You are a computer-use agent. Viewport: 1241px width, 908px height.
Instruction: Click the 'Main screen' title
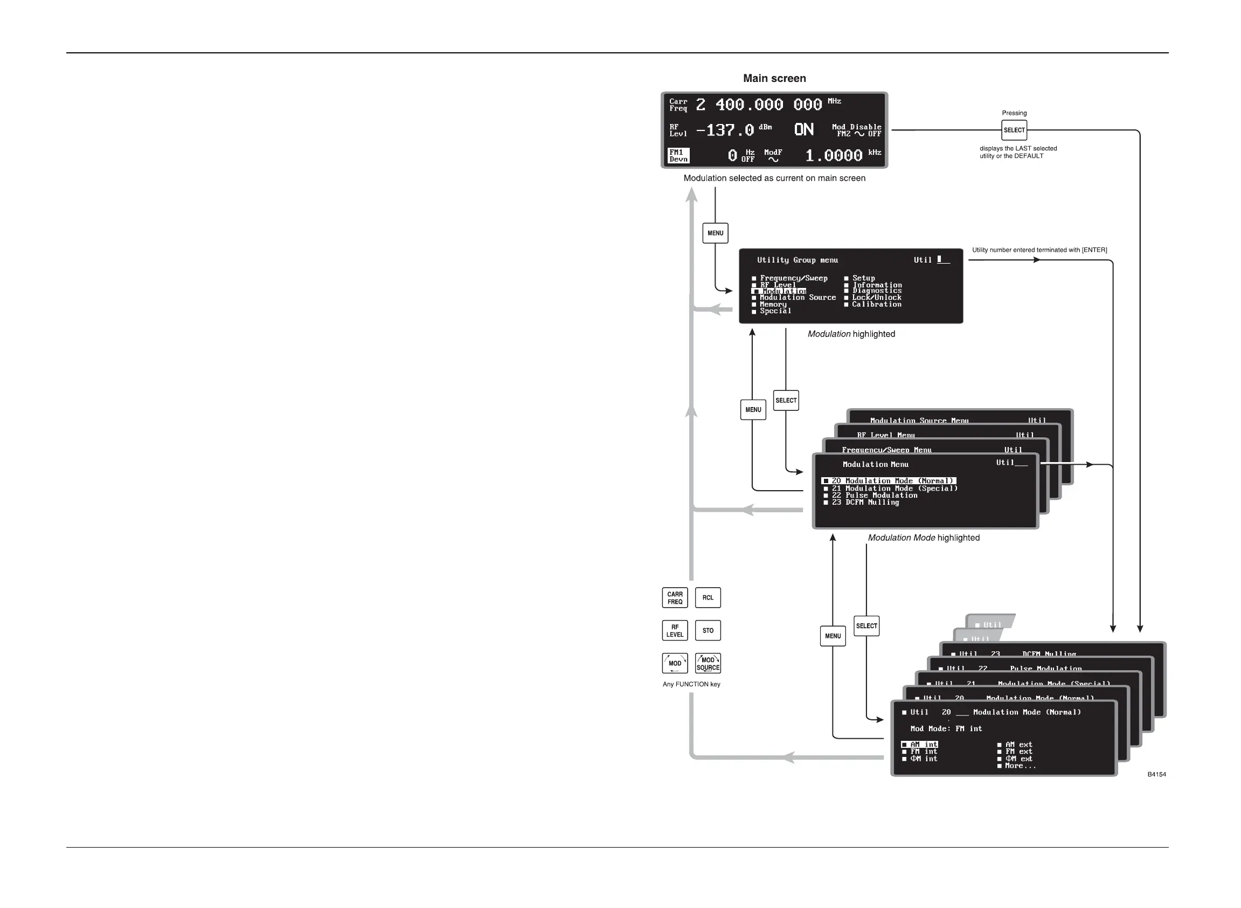774,79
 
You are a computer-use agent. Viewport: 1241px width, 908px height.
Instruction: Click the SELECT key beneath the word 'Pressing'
1014,130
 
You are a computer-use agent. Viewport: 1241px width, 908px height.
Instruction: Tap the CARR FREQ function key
675,598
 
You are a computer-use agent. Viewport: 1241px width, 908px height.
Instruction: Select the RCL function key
708,598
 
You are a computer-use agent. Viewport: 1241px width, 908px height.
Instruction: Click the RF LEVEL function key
675,631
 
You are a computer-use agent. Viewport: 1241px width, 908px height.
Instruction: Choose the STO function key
708,631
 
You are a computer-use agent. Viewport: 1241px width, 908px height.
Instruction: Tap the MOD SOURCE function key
708,664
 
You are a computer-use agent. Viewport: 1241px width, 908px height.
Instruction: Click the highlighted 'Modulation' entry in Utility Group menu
780,291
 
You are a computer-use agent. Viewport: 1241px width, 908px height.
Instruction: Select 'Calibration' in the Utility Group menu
876,305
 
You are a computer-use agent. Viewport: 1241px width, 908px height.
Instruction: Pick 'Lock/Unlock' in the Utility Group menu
876,298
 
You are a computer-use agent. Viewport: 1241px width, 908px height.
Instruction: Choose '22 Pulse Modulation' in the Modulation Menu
874,495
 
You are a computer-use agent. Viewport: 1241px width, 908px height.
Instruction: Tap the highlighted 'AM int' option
923,745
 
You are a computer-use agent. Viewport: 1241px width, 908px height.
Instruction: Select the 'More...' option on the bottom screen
1020,766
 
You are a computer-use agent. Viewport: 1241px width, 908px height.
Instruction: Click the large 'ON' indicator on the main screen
803,130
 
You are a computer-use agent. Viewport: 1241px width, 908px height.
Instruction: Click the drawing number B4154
1156,774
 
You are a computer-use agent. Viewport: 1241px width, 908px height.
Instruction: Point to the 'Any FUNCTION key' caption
691,684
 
